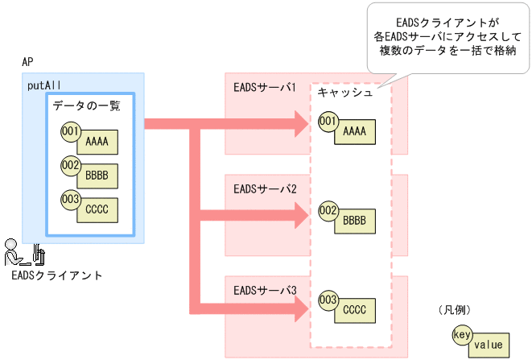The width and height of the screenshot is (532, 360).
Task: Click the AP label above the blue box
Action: click(x=27, y=62)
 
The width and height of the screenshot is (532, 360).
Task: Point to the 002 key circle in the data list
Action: click(x=70, y=165)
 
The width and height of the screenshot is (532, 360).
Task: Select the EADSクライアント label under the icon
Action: click(x=57, y=275)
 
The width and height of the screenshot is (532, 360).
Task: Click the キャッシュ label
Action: click(x=344, y=93)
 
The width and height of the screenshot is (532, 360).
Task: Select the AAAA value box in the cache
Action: click(x=354, y=131)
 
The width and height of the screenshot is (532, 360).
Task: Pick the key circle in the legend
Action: click(x=462, y=333)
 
